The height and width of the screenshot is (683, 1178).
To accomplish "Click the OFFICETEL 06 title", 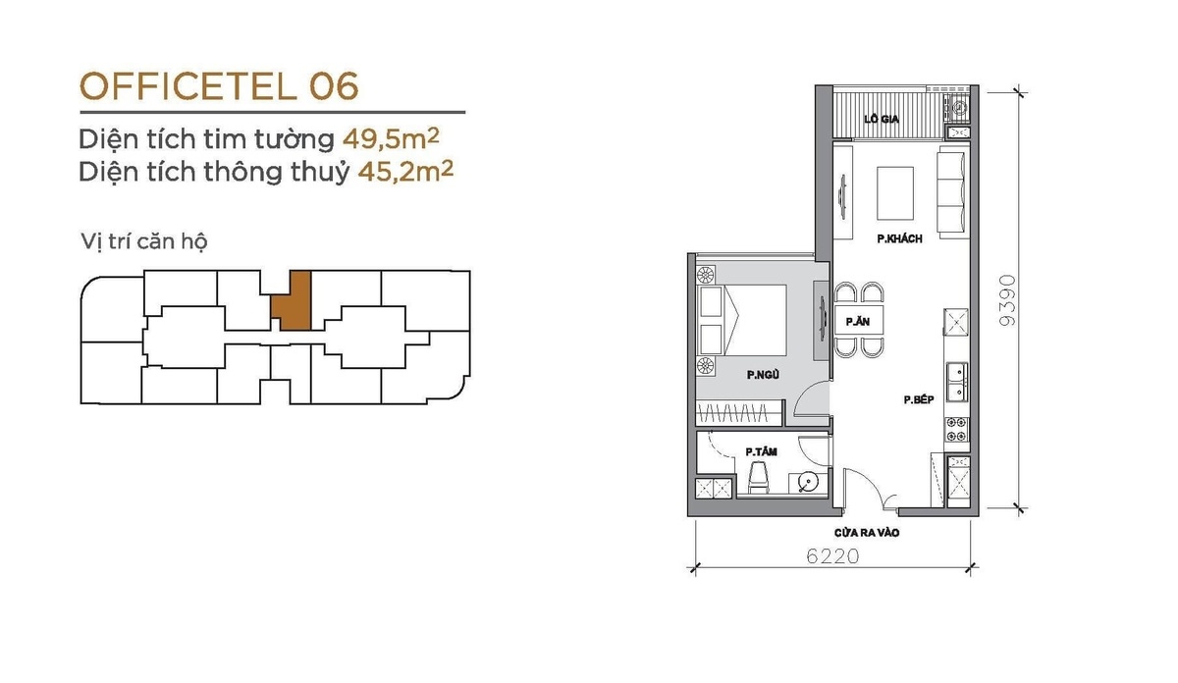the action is pos(219,86).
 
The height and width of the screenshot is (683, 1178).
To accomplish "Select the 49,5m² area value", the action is pos(391,138).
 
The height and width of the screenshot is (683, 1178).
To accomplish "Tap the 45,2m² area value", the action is pos(405,172).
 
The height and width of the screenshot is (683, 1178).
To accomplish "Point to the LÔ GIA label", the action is pos(882,120).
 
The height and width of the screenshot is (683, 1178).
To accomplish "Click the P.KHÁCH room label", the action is pos(899,238).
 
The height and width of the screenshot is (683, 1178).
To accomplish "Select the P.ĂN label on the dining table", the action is pos(858,321).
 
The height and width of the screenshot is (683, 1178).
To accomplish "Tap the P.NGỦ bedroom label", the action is pos(763,374).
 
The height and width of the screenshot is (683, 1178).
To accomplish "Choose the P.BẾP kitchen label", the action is pos(919,399).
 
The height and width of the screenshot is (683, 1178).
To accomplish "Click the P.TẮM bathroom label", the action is pos(762,451).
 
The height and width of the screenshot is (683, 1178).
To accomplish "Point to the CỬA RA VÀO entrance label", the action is pos(867,533).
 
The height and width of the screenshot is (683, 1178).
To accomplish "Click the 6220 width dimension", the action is pos(833,555).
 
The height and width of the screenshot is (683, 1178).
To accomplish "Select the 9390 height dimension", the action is pos(1006,300).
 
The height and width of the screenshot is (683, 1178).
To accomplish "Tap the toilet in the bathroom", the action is pos(758,478).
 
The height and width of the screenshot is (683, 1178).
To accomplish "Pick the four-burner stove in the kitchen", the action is pos(956,429).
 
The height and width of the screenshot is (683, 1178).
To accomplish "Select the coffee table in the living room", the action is pos(895,193).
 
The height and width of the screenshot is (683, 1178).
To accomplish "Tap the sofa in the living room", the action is pos(952,192).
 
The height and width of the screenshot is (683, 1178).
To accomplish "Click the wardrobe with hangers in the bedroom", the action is pos(739,412).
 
